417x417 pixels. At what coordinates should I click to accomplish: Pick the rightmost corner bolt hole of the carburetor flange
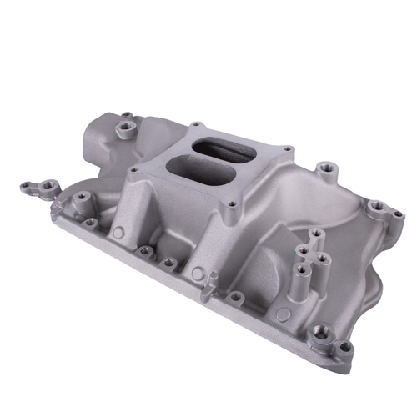point(287,151)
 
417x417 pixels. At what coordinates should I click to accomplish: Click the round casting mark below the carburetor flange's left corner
point(119,233)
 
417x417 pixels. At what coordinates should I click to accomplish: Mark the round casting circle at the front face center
point(197,273)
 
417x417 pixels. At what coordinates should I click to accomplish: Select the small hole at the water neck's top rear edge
point(126,115)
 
